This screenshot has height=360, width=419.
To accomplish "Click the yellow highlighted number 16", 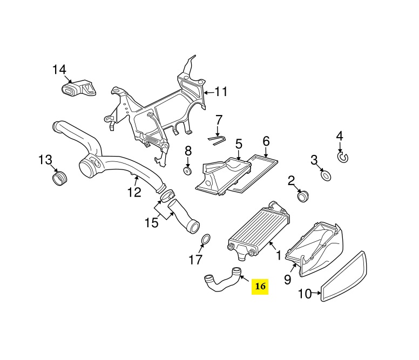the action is (260, 287).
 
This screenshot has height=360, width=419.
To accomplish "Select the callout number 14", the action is (59, 70).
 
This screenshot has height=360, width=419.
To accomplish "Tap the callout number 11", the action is (221, 92).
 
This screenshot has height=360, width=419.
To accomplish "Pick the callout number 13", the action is (45, 160).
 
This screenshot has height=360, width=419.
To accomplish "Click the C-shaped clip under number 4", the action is (343, 157).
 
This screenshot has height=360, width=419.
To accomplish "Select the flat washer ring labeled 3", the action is (326, 175).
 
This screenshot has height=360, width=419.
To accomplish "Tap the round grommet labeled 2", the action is (303, 196).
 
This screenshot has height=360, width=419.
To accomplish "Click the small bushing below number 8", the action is (187, 171).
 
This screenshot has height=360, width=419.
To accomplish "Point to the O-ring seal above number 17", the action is (205, 240).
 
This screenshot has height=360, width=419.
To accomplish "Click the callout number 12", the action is (134, 192).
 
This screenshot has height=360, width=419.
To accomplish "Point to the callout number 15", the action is (151, 222).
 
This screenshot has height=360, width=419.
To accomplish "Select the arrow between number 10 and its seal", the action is (316, 293).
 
